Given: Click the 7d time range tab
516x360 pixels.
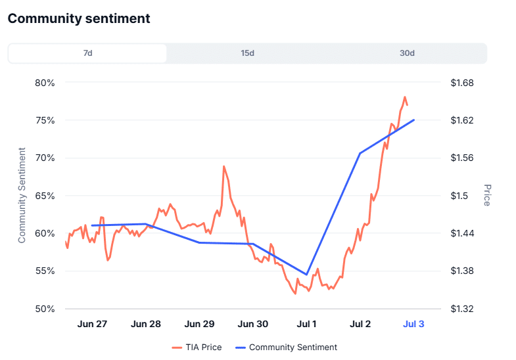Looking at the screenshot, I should [87, 53].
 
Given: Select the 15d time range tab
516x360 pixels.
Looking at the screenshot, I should [247, 53].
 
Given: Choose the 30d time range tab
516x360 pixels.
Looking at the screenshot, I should [407, 53].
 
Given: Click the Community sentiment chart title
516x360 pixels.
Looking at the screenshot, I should [79, 18].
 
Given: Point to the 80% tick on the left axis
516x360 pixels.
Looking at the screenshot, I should [44, 83].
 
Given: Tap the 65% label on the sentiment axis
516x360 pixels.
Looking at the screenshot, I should [44, 196].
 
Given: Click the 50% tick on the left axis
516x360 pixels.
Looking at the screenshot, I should [44, 309].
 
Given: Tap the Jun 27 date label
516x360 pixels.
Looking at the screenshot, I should [92, 324].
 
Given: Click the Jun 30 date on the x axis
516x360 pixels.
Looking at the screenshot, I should [252, 324].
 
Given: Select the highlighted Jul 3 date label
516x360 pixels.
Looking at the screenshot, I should [413, 324].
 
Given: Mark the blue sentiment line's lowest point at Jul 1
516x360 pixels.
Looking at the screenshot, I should [307, 275].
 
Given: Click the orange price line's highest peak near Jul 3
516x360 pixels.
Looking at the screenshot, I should [405, 97].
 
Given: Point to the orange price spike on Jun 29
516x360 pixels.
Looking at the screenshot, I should [224, 166].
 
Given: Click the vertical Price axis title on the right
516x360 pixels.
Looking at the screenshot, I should [487, 195].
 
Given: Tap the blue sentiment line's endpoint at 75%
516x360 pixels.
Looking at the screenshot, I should [413, 120].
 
